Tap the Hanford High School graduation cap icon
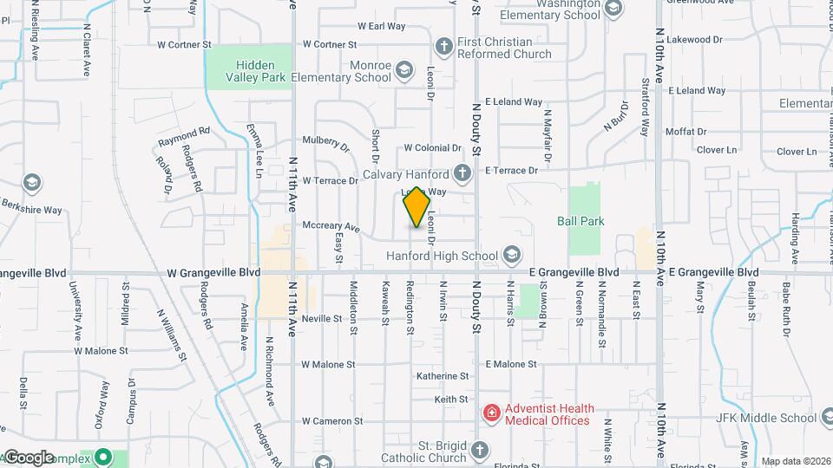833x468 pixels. (511, 256)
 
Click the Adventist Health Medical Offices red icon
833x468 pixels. (492, 414)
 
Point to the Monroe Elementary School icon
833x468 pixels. (403, 70)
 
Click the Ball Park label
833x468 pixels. (580, 221)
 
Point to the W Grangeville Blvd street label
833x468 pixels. (213, 273)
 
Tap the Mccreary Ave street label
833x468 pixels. (331, 226)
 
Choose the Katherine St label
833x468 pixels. (443, 376)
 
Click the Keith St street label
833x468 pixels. (451, 400)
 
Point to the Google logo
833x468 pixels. (29, 457)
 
